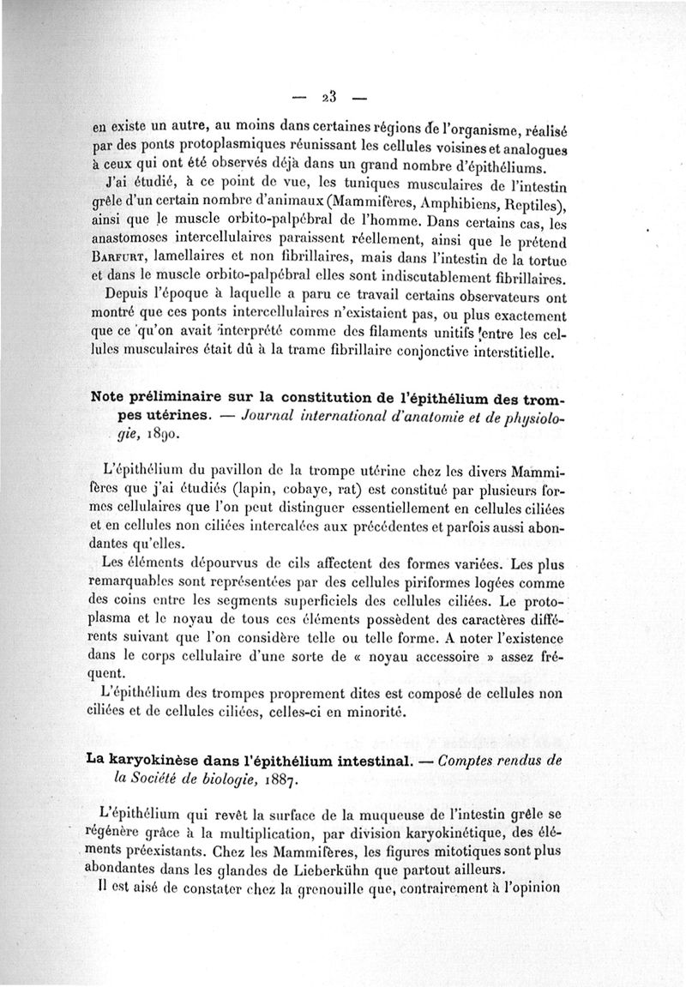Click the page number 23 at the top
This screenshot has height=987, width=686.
click(x=328, y=94)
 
